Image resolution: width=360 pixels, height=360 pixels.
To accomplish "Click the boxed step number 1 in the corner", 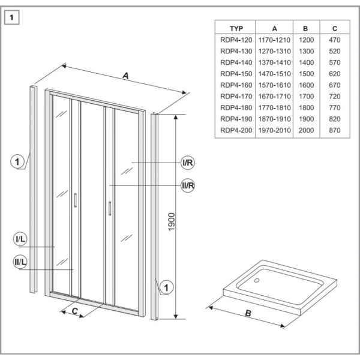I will click(13, 17).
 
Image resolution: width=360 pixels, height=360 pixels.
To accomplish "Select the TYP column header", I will click(235, 28).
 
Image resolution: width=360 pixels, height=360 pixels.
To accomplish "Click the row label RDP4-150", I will click(235, 73).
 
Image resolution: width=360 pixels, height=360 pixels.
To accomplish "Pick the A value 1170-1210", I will click(274, 40).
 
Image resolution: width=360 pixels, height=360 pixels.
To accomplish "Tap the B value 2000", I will click(306, 130).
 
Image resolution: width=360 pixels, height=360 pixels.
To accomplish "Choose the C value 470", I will click(334, 40).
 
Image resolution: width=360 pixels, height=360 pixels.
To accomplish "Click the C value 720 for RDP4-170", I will click(334, 96).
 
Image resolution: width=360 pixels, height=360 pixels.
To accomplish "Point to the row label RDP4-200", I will click(235, 130).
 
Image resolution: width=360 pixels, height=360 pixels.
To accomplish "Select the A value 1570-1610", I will click(274, 85).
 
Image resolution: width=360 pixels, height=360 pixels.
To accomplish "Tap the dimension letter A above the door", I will click(125, 76).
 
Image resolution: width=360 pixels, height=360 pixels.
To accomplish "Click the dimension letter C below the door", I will click(74, 311).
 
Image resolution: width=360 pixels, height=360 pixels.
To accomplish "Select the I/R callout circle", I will click(188, 163).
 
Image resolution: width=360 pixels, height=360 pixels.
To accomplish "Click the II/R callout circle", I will click(188, 185).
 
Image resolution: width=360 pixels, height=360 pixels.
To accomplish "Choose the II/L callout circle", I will click(20, 262).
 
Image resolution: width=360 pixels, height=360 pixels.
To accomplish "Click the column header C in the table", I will click(334, 28).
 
